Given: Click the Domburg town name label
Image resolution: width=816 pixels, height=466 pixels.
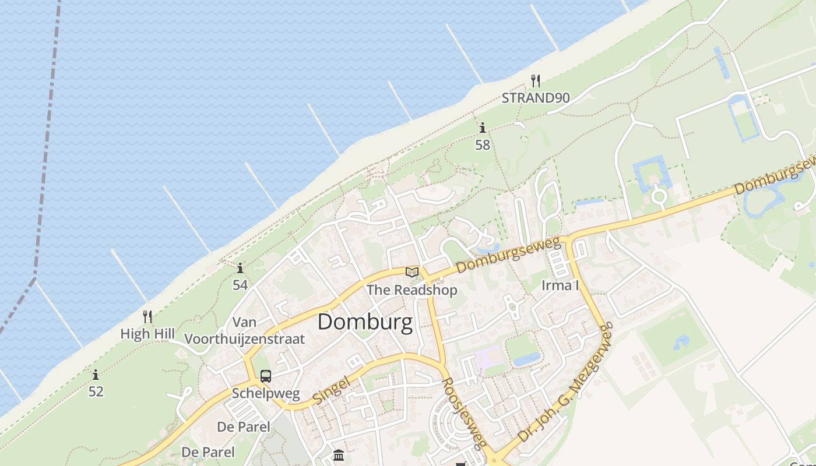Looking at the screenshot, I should [x=365, y=322].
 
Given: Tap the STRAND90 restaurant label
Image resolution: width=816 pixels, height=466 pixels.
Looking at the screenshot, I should [x=536, y=98].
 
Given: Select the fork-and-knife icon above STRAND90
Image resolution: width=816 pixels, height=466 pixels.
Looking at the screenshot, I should [x=536, y=81].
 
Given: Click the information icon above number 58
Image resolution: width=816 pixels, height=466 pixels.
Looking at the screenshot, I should [x=482, y=128].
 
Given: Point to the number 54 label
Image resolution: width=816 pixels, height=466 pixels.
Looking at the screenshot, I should [x=240, y=285].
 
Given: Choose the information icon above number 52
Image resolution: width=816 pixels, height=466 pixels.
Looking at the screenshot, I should [x=96, y=375].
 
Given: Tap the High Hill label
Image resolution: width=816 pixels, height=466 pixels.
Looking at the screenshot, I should [x=147, y=334].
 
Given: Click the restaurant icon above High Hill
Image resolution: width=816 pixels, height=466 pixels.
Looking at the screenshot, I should [x=147, y=317].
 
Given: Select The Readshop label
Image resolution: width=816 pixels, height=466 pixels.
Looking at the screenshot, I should [x=412, y=290].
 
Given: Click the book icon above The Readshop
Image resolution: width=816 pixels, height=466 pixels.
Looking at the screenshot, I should [x=412, y=272].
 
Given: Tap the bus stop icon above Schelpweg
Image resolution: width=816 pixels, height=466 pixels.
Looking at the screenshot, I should [x=266, y=376].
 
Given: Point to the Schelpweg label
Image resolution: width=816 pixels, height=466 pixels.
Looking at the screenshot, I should [x=266, y=393].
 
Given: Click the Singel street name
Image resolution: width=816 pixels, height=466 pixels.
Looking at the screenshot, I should [x=331, y=391].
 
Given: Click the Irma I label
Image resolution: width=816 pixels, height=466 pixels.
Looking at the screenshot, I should [x=560, y=285].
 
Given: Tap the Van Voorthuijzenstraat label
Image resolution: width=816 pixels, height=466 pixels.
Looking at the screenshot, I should [x=245, y=330].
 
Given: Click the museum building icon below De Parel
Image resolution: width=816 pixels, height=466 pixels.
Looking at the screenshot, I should [x=339, y=455].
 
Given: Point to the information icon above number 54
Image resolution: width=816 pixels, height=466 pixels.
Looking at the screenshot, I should [x=240, y=268].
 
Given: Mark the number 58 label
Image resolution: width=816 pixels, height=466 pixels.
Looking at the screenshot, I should [x=483, y=145].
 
